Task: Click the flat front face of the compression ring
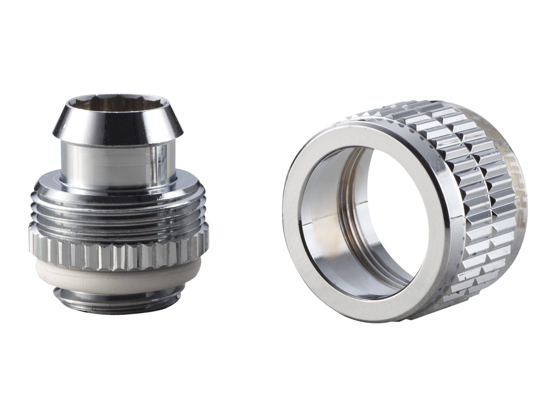point(292,226)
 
